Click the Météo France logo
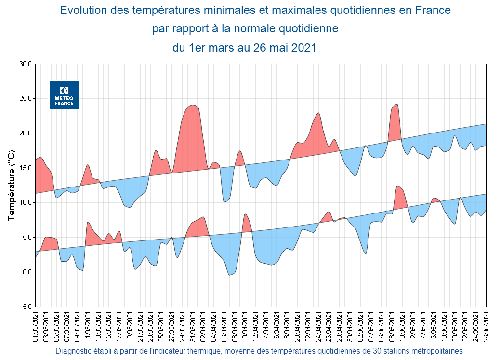[64, 95]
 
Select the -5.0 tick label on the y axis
[25, 307]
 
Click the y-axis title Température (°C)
[12, 186]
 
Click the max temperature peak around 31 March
[193, 105]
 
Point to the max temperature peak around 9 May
[396, 104]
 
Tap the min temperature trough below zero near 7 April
[230, 275]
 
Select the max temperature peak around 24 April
[318, 113]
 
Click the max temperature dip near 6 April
[224, 201]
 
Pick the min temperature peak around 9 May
[397, 186]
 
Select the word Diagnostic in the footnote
[73, 351]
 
